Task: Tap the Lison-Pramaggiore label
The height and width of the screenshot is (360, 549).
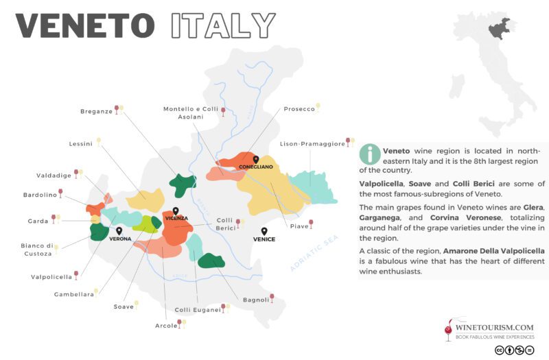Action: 312,144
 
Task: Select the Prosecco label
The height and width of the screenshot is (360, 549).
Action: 299,108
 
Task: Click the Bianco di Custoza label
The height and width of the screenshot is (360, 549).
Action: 36,250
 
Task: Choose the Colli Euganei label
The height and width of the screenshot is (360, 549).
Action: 197,309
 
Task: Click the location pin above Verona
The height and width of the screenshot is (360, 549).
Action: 119,232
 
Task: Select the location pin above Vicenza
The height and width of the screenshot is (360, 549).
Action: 176,211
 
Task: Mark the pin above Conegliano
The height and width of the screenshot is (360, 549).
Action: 255,159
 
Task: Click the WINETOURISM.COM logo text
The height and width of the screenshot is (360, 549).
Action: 489,328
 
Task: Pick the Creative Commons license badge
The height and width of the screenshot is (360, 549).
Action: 515,350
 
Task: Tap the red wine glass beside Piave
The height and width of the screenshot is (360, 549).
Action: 312,224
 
